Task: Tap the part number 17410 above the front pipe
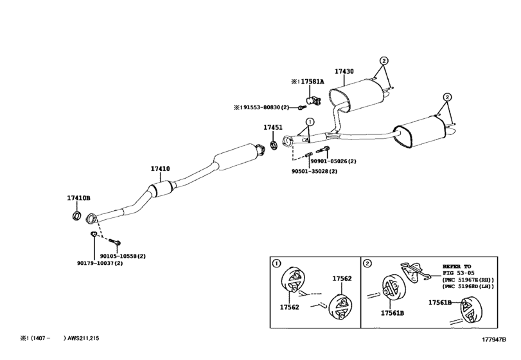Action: [x=160, y=169]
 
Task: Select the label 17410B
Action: [x=79, y=197]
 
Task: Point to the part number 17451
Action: [x=272, y=128]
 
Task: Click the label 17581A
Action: [x=313, y=82]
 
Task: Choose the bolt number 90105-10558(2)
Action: [x=123, y=256]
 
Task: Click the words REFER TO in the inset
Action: [x=457, y=265]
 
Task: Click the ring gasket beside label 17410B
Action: [x=75, y=215]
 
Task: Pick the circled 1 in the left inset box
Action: [x=276, y=264]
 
